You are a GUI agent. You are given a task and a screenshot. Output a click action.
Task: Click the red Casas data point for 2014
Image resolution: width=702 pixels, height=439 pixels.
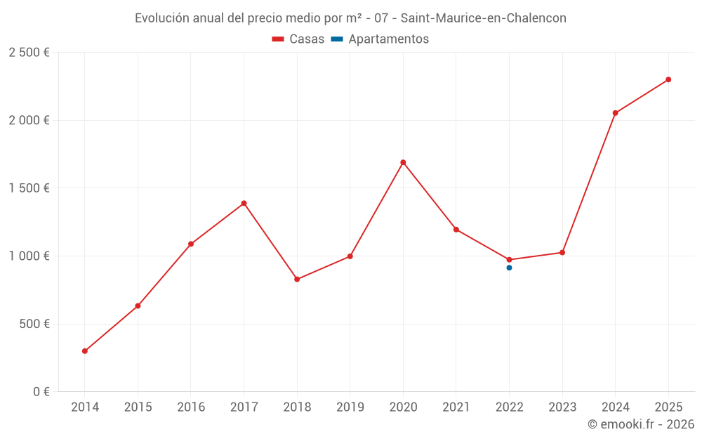pyautogui.click(x=85, y=351)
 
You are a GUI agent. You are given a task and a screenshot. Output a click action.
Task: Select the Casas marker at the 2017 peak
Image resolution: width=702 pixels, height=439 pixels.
pyautogui.click(x=244, y=204)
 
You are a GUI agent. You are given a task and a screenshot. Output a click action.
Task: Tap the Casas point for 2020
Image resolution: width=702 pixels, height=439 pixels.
pyautogui.click(x=403, y=162)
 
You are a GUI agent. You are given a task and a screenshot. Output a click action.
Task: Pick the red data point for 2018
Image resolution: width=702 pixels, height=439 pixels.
pyautogui.click(x=297, y=280)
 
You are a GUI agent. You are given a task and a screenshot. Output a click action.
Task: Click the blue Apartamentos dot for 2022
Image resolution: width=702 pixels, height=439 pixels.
pyautogui.click(x=509, y=268)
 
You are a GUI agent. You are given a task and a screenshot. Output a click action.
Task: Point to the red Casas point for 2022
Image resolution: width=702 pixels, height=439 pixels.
pyautogui.click(x=509, y=260)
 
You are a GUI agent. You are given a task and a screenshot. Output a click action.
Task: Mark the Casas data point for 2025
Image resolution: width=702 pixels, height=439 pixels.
pyautogui.click(x=668, y=79)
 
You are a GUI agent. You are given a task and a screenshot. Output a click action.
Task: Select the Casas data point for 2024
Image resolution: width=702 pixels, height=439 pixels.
pyautogui.click(x=615, y=113)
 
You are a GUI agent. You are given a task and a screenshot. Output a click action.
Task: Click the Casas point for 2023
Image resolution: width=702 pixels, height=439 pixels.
pyautogui.click(x=562, y=252)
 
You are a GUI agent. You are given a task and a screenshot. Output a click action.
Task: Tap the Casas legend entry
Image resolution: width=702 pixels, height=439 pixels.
pyautogui.click(x=298, y=39)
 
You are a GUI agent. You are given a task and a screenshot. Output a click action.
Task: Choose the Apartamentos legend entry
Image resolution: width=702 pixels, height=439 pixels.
pyautogui.click(x=380, y=39)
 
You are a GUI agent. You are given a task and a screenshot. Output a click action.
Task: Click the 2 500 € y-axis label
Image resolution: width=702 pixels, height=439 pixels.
pyautogui.click(x=29, y=53)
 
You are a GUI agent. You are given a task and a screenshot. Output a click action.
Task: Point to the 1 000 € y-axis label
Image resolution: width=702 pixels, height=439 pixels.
pyautogui.click(x=29, y=256)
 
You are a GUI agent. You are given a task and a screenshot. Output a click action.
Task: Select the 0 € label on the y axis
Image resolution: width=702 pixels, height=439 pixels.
pyautogui.click(x=41, y=392)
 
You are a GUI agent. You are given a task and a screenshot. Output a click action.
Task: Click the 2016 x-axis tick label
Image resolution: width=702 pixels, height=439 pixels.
pyautogui.click(x=191, y=407)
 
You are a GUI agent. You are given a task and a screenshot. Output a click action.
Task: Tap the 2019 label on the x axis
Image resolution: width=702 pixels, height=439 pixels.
pyautogui.click(x=350, y=407)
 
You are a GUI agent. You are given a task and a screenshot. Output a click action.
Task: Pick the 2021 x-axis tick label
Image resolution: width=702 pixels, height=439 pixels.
pyautogui.click(x=456, y=407)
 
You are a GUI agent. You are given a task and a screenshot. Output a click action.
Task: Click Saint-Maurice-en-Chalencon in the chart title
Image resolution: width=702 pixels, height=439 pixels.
pyautogui.click(x=483, y=18)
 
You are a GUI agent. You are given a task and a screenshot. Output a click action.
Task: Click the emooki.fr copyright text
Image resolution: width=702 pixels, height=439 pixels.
pyautogui.click(x=640, y=424)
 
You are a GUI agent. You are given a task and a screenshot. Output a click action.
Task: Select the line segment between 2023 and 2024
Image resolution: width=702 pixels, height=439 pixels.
pyautogui.click(x=589, y=183)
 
